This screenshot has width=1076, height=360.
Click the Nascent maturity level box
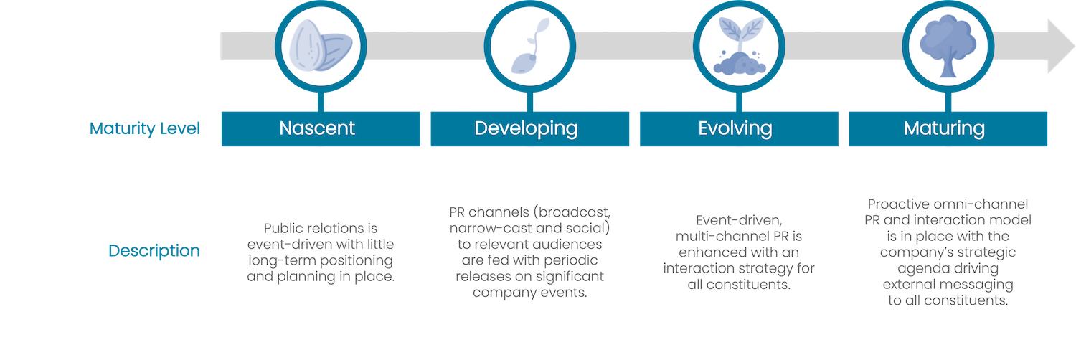[321, 128]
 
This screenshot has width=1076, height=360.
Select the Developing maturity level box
[530, 128]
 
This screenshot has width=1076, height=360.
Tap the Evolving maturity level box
[739, 128]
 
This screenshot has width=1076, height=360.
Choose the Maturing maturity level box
[948, 128]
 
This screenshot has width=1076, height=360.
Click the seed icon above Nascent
[321, 46]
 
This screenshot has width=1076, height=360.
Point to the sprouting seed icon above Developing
[530, 46]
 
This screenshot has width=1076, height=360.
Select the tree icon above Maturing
[948, 46]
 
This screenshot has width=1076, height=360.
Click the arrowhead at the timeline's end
[1061, 46]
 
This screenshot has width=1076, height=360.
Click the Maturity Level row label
[145, 128]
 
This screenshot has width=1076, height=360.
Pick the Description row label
[154, 250]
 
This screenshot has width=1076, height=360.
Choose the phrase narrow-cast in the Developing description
[491, 228]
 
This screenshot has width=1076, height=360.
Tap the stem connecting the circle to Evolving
[739, 102]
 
